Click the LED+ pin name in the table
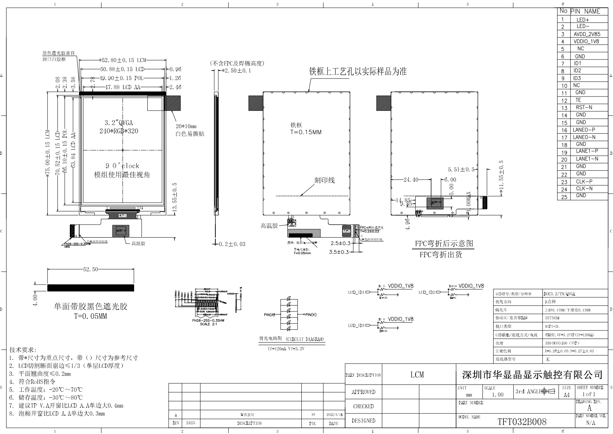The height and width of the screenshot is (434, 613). point(582,20)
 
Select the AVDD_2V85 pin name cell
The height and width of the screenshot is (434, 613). point(587,34)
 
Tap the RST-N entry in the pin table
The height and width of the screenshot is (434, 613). point(584,108)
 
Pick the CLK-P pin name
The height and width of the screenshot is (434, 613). point(584,181)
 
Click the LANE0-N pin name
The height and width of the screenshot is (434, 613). point(584,137)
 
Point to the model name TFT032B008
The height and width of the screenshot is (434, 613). point(522,422)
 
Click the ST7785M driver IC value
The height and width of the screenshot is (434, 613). point(552,318)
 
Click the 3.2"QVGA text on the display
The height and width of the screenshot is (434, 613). point(119,123)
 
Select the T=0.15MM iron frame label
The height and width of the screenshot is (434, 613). point(306,132)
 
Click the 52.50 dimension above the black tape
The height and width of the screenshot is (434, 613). point(90,270)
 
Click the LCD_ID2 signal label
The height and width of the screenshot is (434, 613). point(426,292)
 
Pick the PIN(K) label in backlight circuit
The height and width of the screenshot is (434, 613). point(310,315)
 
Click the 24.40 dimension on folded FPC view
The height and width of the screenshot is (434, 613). point(411,180)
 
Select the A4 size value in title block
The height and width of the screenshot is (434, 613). point(566,395)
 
